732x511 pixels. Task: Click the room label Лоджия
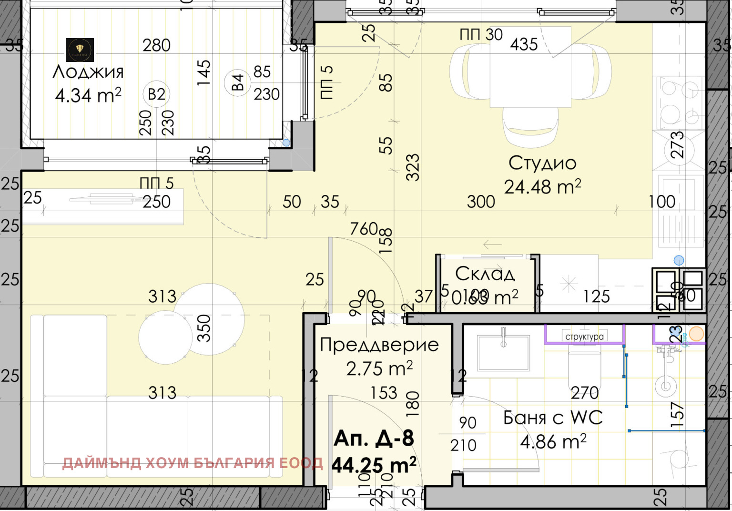[x=88, y=72]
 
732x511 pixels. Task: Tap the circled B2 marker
[x=156, y=94]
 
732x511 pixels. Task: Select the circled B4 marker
[x=237, y=82]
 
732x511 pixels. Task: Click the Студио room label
[x=542, y=163]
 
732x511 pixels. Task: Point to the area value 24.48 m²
[x=542, y=187]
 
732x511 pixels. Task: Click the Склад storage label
[x=485, y=274]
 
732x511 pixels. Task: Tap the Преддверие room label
[x=379, y=344]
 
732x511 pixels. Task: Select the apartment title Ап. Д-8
[x=374, y=438]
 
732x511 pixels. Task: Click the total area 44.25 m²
[x=374, y=465]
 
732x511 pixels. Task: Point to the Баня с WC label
[x=553, y=418]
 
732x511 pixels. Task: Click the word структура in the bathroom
[x=584, y=337]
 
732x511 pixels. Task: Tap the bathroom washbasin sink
[x=503, y=353]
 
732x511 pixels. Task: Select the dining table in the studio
[x=530, y=67]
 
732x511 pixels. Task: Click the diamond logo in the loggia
[x=80, y=50]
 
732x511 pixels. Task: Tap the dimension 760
[x=364, y=229]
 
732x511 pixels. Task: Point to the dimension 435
[x=524, y=44]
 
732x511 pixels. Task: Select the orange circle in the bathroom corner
[x=696, y=334]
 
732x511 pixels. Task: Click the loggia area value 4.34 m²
[x=88, y=95]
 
